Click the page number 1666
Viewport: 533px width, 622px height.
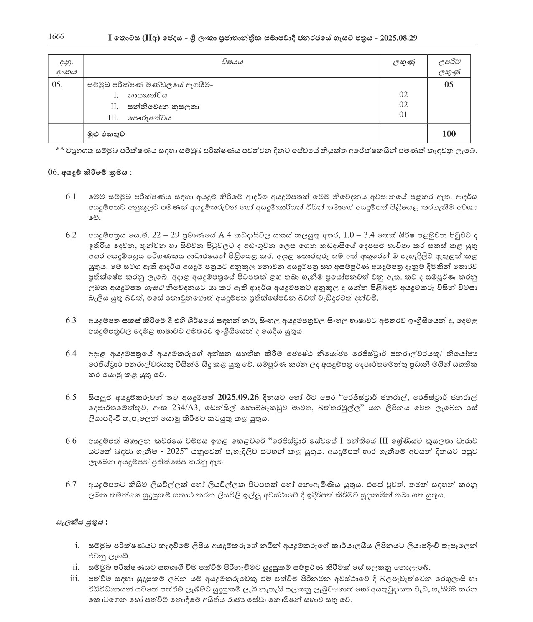(x=56, y=37)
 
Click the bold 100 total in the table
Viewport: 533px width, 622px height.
(x=449, y=134)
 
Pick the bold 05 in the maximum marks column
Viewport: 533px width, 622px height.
(x=449, y=85)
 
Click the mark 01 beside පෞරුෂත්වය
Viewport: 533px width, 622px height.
(x=403, y=115)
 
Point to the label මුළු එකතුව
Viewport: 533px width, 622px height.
(x=106, y=134)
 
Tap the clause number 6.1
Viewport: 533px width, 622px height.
(x=71, y=196)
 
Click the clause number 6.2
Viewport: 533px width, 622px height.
(x=71, y=235)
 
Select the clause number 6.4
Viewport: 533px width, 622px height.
(x=71, y=354)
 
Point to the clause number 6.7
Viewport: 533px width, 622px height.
(x=71, y=484)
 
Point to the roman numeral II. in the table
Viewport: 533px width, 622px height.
(x=110, y=107)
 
